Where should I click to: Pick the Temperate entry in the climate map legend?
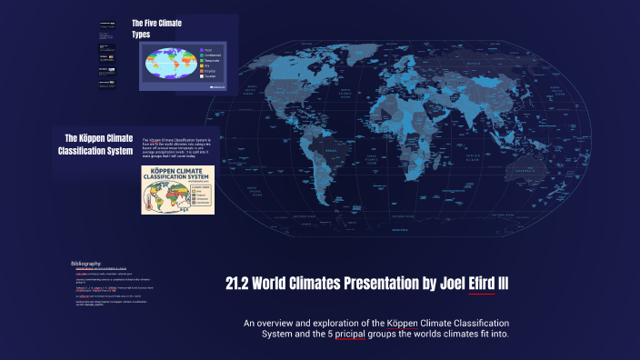pyautogui.click(x=210, y=61)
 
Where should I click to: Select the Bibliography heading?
pyautogui.click(x=86, y=264)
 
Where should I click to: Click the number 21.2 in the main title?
pyautogui.click(x=238, y=285)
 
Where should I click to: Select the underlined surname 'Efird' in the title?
pyautogui.click(x=482, y=285)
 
